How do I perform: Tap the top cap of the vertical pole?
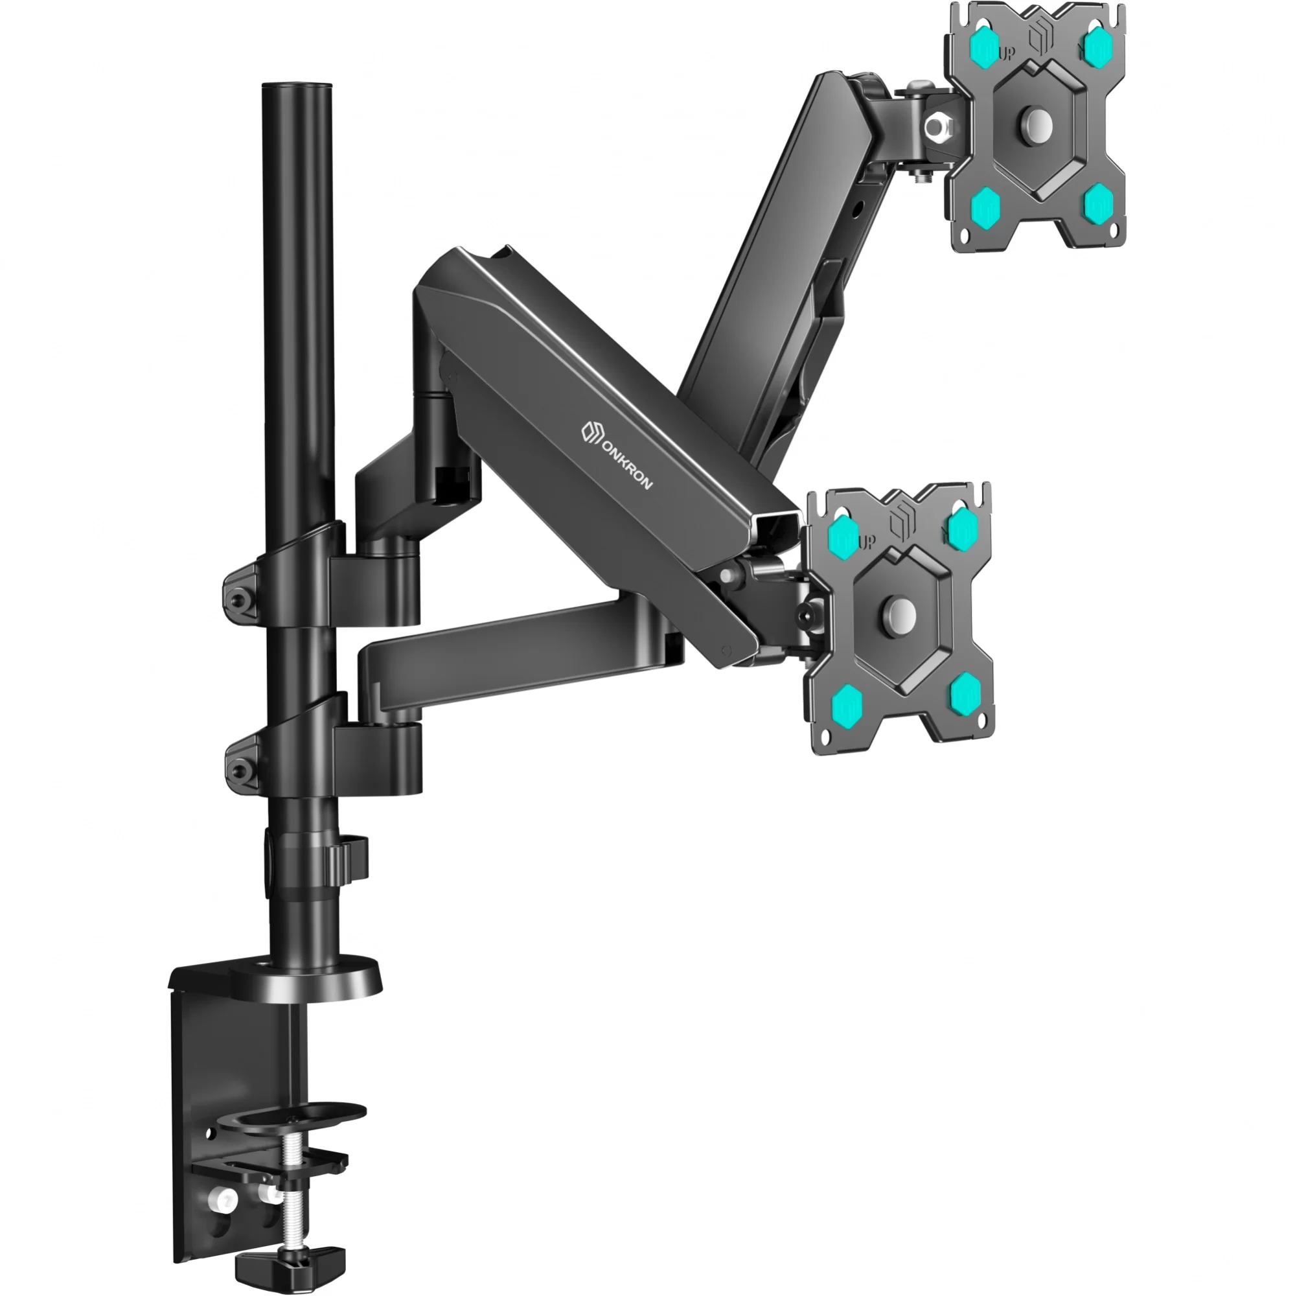point(297,87)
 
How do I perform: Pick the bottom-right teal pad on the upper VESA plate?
point(1099,199)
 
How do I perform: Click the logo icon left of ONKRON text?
point(591,431)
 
